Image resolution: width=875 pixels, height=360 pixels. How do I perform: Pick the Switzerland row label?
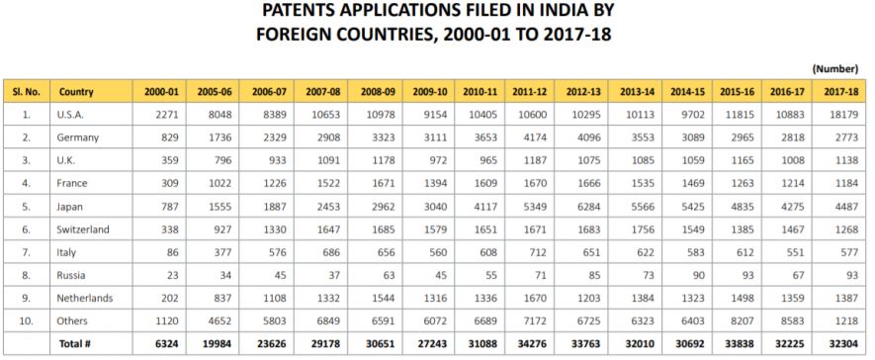tap(87, 229)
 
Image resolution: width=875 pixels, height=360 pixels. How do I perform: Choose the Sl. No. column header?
tap(24, 92)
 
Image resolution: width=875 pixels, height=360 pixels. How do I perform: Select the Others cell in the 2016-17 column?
tap(788, 320)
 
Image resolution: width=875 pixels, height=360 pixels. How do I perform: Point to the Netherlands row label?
tap(88, 298)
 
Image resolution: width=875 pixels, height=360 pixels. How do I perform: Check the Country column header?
tap(76, 92)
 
